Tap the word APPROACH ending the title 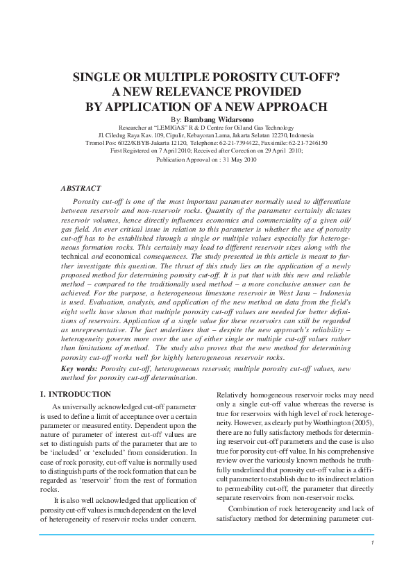click(290, 107)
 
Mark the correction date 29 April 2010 click(280, 151)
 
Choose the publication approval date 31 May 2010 click(237, 160)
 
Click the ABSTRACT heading click(81, 188)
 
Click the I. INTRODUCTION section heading click(71, 394)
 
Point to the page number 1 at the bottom click(372, 542)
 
